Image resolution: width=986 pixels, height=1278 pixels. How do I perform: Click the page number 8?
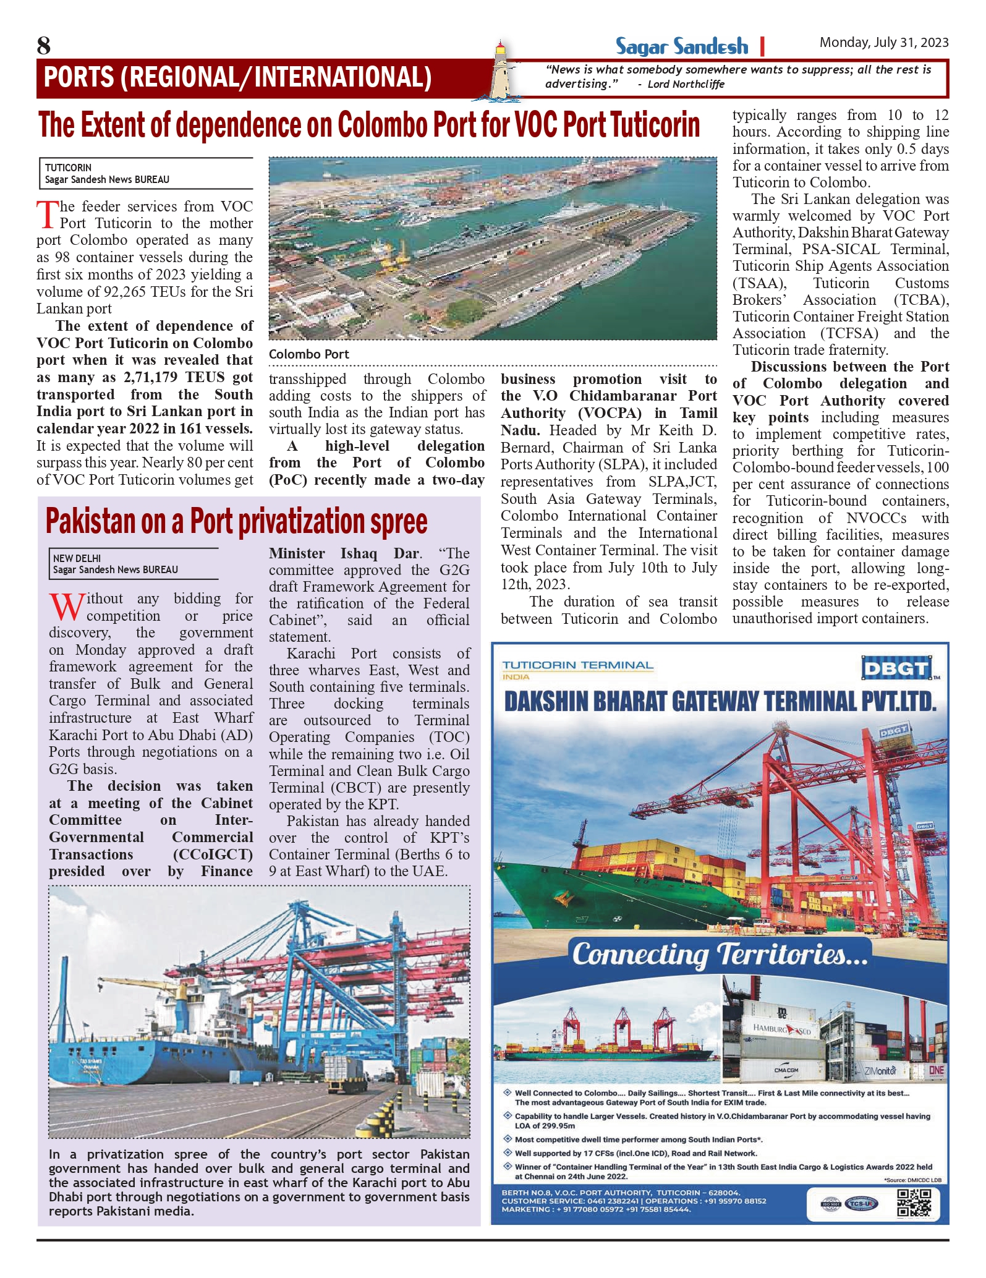44,46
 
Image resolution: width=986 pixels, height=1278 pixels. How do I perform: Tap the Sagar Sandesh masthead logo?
681,46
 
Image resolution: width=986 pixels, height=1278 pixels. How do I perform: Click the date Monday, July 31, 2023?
883,43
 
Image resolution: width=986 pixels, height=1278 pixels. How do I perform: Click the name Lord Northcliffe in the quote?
686,85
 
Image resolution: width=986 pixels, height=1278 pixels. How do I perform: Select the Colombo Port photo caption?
308,354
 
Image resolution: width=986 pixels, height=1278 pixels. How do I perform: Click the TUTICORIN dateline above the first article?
68,168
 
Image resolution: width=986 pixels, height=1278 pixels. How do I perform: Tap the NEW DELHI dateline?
77,558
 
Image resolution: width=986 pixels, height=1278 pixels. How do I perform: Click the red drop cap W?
66,607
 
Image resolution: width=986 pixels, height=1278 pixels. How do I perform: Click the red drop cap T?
47,215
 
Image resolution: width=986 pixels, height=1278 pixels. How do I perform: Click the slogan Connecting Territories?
720,955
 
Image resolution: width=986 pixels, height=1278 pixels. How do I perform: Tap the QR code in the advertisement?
913,1203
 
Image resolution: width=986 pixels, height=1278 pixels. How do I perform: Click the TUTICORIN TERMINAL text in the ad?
577,665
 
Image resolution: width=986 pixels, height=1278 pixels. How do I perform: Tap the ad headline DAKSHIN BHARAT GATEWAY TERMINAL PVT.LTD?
720,702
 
